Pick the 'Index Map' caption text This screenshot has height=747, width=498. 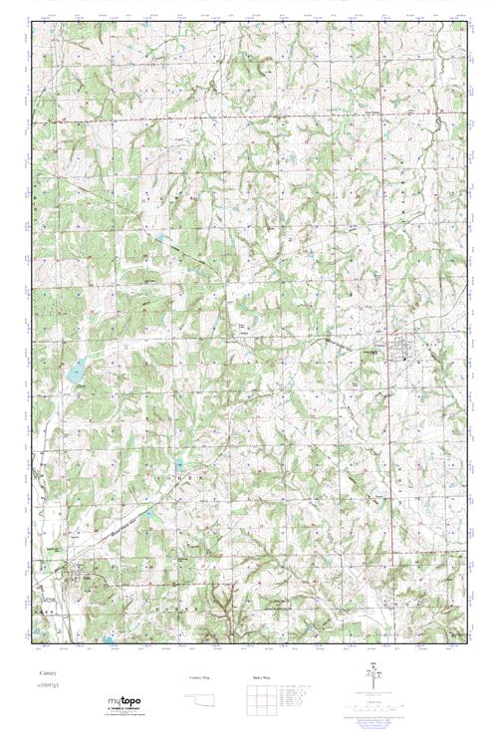click(x=261, y=677)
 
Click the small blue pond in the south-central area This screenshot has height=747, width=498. click(x=180, y=464)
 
